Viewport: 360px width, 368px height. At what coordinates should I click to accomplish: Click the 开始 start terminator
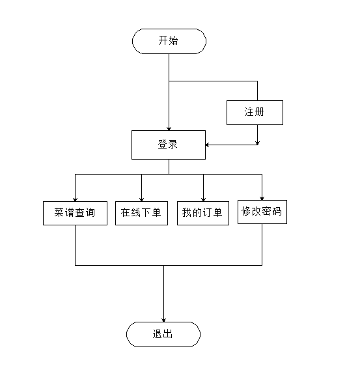169,41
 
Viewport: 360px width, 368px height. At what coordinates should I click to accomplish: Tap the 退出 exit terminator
163,334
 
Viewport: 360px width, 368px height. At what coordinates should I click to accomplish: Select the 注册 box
255,113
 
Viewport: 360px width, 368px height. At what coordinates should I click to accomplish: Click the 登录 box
169,145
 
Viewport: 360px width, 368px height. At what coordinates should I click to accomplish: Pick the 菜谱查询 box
75,213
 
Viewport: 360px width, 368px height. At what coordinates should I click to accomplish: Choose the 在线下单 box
141,213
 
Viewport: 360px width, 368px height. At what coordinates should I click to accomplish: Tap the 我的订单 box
203,213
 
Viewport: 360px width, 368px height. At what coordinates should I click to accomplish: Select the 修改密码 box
262,212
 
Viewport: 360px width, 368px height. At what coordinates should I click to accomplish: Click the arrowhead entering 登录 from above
169,129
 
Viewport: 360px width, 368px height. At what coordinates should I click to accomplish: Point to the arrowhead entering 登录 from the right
207,145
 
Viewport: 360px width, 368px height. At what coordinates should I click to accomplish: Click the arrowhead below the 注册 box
257,143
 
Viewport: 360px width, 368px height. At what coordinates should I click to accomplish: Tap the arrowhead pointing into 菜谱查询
75,200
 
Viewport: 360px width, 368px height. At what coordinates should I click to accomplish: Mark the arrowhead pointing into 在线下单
141,200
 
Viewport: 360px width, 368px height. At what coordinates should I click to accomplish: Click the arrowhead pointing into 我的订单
203,200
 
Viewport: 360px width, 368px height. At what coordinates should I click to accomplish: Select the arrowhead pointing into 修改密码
262,199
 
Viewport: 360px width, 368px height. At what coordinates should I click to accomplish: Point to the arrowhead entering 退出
163,320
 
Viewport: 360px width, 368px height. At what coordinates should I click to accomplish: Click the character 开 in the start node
163,40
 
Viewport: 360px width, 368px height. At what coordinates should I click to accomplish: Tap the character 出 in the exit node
168,333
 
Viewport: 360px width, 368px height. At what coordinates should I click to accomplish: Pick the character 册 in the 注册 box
259,112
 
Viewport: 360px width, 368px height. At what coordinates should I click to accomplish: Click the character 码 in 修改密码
277,211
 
